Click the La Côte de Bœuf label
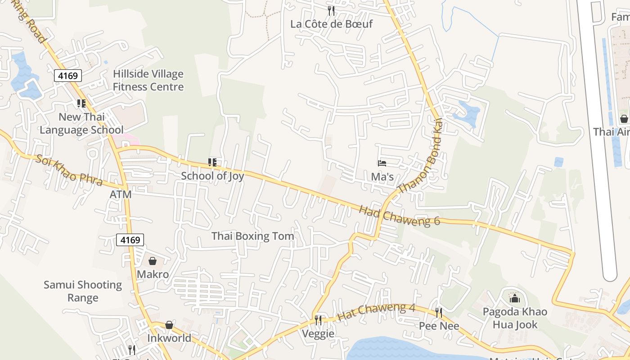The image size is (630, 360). click(x=331, y=24)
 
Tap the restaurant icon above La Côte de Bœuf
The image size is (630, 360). click(x=331, y=10)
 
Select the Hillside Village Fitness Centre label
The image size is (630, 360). click(x=148, y=80)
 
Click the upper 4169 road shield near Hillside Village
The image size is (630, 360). click(x=68, y=76)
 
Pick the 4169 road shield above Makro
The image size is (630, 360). click(x=130, y=240)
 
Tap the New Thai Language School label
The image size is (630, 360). click(x=81, y=123)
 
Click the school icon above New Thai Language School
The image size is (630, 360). click(x=81, y=103)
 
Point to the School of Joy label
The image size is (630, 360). click(x=212, y=175)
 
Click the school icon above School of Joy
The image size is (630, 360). click(x=212, y=162)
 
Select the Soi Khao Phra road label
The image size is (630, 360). click(x=69, y=171)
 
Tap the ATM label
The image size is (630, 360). click(x=121, y=194)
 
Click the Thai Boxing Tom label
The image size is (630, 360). click(x=252, y=236)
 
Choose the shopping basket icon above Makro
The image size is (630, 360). click(x=153, y=261)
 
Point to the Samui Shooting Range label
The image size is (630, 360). click(x=83, y=291)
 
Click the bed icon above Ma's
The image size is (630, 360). click(x=382, y=163)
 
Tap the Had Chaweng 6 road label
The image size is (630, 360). click(x=399, y=216)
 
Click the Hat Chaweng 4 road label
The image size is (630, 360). click(x=376, y=311)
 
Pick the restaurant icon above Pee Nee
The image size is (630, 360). click(x=439, y=312)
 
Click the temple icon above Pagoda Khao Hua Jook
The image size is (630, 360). click(x=514, y=298)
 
